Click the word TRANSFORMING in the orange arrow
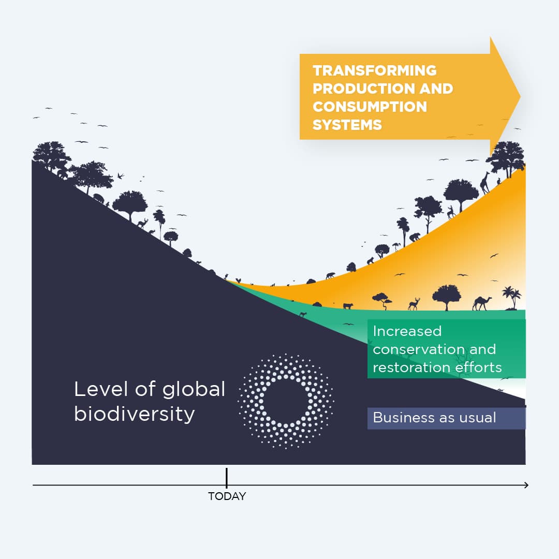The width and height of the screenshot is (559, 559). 375,70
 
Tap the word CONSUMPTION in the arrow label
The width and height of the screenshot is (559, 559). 370,107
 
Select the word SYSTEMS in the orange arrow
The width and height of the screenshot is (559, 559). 347,125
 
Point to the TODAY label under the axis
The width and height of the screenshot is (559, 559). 227,496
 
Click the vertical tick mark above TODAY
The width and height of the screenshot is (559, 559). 227,477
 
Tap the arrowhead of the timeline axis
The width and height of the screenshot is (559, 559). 526,485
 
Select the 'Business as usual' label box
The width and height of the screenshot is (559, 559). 446,418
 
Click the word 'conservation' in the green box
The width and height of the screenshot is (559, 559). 419,349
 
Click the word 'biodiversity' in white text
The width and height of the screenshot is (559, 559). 135,414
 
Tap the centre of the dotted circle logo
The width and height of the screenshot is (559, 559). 286,401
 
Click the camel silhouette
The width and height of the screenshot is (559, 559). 481,303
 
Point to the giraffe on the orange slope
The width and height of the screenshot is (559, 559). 485,182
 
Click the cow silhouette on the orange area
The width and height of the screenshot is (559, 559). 347,306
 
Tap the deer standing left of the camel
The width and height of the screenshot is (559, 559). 414,304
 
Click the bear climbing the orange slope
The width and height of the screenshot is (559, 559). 415,237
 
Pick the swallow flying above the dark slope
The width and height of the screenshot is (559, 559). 121,175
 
